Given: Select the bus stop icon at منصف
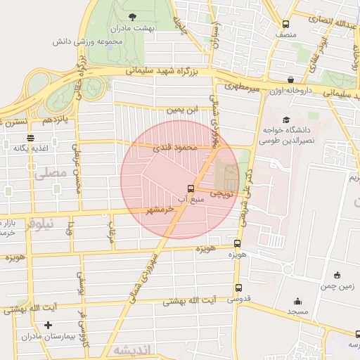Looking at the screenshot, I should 285,21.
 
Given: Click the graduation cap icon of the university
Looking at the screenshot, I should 286,120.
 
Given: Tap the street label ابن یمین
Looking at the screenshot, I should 183,110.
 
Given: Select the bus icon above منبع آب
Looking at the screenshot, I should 191,188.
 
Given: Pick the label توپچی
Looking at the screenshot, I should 218,192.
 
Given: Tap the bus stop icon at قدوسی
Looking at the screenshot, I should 238,288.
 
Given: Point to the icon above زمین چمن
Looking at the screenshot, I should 338,275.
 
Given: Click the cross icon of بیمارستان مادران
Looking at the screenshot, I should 48,325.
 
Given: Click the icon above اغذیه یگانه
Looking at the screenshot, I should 30,138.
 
